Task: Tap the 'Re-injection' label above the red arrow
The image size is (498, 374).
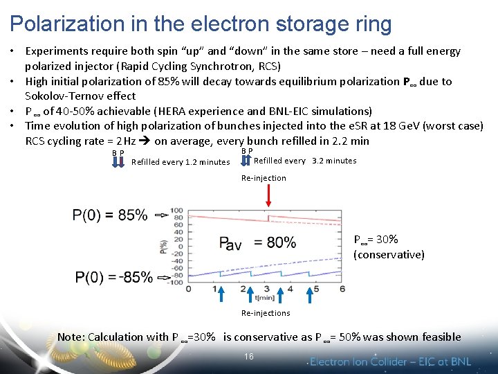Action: point(264,178)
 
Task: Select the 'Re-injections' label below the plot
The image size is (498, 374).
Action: point(266,313)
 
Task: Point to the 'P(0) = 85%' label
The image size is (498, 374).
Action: point(110,215)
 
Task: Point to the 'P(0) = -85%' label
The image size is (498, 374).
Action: point(114,278)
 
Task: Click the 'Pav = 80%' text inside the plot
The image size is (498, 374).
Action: point(257,242)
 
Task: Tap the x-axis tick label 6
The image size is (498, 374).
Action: point(342,288)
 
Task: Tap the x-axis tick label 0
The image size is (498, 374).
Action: point(189,288)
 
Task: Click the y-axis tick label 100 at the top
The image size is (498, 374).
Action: point(177,211)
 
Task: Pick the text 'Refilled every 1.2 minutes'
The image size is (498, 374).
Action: point(181,162)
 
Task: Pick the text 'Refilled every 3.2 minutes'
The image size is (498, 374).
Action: point(305,161)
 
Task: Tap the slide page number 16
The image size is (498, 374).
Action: point(249,356)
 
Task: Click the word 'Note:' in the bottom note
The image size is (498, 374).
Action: point(72,337)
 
